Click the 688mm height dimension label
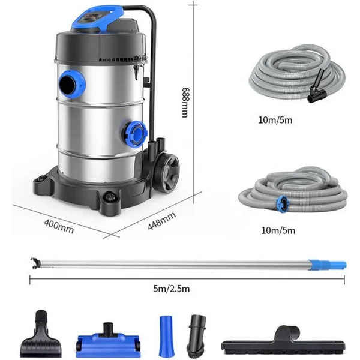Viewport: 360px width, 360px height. (x=185, y=102)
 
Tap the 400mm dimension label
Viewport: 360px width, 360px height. (x=59, y=226)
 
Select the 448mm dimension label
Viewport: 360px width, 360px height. (x=162, y=221)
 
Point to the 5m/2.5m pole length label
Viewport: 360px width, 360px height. (x=172, y=289)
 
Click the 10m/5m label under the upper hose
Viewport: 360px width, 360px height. (x=275, y=120)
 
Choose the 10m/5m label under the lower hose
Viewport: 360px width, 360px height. (x=278, y=230)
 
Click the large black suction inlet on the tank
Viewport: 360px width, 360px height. (x=71, y=84)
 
